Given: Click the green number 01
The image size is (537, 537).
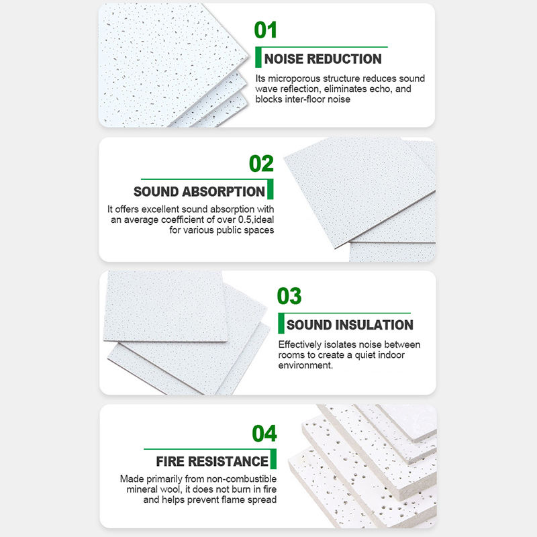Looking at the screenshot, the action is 265,30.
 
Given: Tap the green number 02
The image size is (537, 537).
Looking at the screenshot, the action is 261,163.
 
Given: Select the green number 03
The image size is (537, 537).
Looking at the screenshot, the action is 289,296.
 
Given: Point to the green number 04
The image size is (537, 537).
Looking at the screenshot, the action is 264,433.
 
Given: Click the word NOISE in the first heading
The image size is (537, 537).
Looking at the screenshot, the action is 284,59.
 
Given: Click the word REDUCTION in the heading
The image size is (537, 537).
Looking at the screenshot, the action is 344,59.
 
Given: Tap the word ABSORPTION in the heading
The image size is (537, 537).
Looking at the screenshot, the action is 224,191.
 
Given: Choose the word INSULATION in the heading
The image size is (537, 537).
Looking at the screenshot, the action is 375,325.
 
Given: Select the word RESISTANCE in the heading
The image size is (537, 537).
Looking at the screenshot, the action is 228,461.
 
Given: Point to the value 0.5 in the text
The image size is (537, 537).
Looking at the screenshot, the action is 244,219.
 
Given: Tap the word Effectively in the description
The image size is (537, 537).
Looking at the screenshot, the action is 300,344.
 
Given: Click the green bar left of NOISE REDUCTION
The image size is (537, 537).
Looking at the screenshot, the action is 258,57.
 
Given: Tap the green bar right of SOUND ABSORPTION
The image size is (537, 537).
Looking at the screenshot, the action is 271,189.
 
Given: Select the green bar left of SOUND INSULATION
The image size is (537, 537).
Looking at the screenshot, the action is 281,324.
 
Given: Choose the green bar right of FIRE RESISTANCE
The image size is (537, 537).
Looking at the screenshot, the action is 273,459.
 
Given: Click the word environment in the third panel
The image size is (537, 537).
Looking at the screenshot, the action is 305,365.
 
